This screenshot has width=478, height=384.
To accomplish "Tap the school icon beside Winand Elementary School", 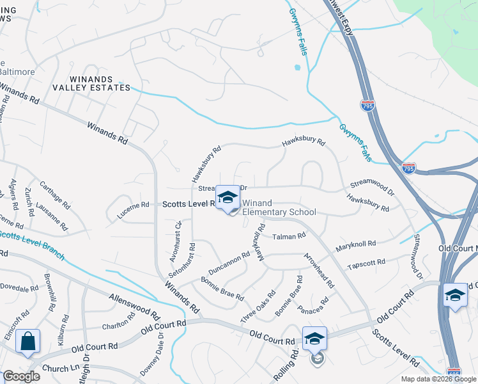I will click(x=227, y=198).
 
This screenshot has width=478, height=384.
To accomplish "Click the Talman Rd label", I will click(x=289, y=237).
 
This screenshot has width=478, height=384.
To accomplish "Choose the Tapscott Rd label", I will click(x=366, y=263).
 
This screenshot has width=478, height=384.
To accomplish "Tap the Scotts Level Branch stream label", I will click(x=32, y=245).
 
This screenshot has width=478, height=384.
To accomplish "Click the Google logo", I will click(x=20, y=376).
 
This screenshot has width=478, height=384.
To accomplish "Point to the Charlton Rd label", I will click(x=119, y=319).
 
